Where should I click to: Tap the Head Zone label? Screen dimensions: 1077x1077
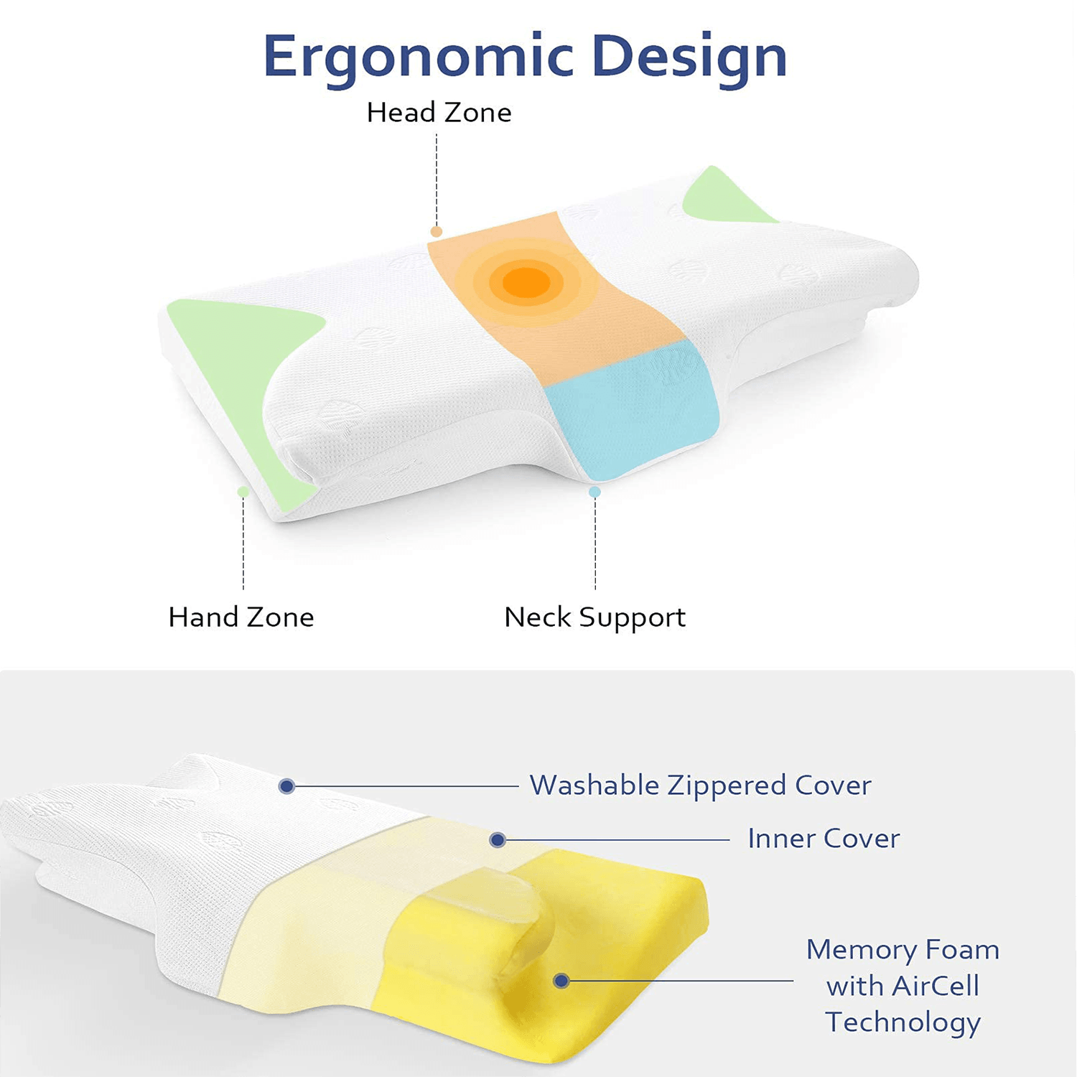[439, 113]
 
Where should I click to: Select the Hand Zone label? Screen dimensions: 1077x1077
[241, 617]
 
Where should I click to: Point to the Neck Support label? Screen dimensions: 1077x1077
[595, 617]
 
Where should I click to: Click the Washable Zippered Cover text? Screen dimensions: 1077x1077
[700, 785]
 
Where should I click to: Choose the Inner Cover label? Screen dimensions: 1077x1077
[824, 839]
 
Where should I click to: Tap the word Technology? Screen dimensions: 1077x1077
[903, 1022]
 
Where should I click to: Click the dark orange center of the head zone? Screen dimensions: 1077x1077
[526, 282]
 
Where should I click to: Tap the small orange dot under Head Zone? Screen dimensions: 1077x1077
[437, 231]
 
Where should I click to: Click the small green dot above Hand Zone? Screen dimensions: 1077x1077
[243, 492]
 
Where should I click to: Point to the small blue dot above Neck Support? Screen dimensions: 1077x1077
[595, 492]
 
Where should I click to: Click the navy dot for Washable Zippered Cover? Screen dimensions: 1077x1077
[286, 786]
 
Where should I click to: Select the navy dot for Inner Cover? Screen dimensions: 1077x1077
[498, 840]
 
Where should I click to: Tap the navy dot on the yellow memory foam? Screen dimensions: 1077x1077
[561, 981]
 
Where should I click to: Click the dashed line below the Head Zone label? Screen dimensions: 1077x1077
[437, 179]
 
